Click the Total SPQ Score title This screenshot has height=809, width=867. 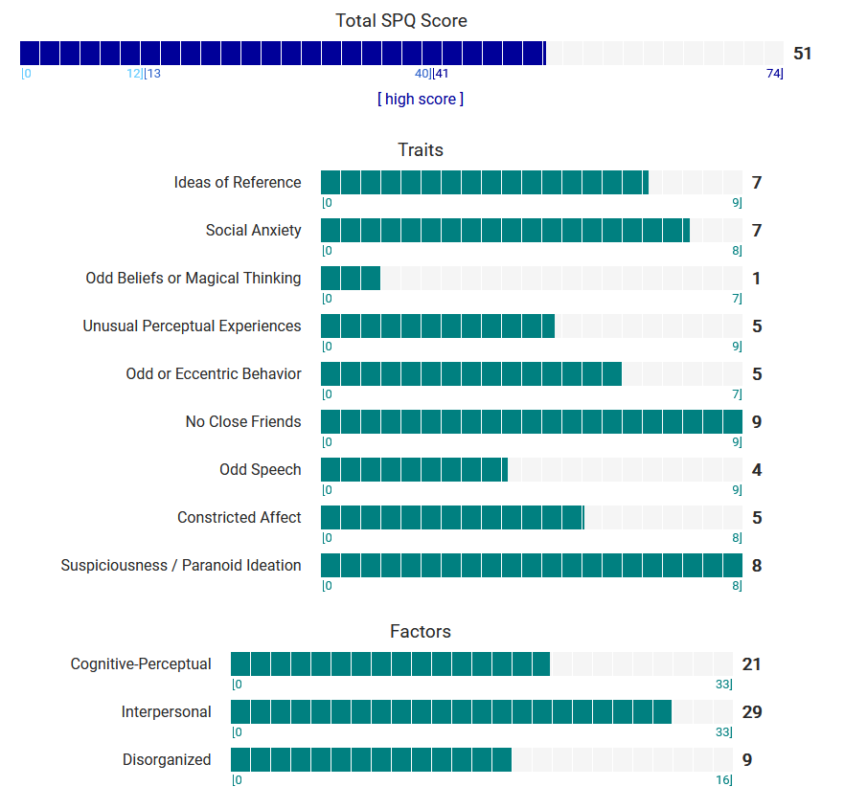401,20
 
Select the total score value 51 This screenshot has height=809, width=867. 803,54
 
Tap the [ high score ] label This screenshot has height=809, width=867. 421,99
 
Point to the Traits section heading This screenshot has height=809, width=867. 421,149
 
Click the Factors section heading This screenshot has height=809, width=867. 421,631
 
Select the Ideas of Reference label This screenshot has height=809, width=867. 238,182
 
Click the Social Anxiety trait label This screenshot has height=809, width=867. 253,230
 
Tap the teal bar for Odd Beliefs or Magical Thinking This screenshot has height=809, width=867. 351,278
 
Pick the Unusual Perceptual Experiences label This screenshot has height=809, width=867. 192,326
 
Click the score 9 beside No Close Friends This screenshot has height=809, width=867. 757,422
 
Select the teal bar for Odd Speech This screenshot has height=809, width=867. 414,469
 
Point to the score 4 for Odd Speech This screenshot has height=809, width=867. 757,470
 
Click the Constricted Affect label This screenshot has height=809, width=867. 240,517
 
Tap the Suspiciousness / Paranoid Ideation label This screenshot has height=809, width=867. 181,565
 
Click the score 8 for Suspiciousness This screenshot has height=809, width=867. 757,566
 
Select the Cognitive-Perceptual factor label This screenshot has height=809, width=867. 141,663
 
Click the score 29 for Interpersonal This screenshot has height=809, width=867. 752,712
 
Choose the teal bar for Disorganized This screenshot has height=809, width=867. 371,759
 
